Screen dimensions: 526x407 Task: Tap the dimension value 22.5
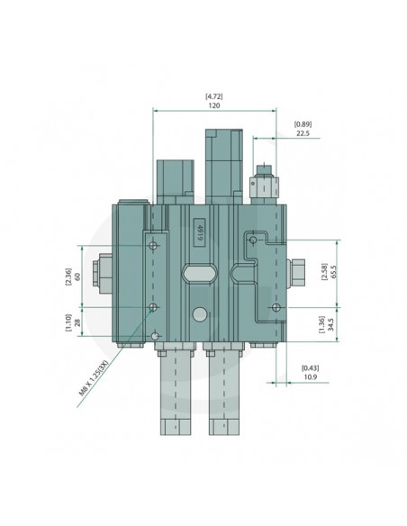pos(302,133)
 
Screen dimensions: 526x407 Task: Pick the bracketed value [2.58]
pos(324,274)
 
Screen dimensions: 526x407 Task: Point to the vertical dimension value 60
pos(79,277)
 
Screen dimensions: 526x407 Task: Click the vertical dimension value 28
pos(79,322)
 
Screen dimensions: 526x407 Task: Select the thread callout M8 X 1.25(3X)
pos(94,378)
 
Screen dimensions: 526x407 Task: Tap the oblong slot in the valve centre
pos(199,272)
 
